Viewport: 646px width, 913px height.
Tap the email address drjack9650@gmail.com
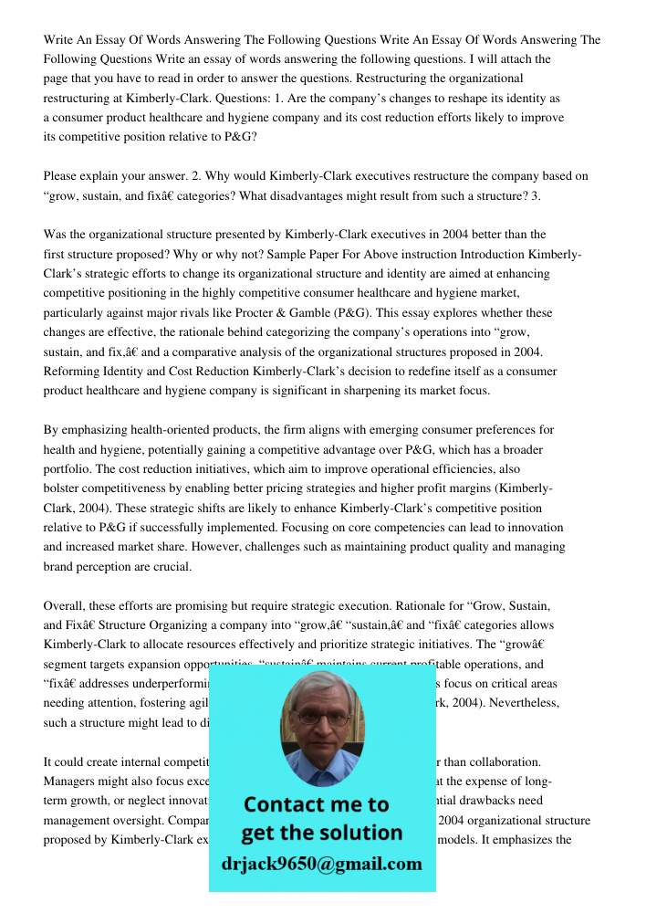[322, 864]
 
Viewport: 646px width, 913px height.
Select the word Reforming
[72, 372]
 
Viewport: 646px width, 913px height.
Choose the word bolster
[63, 488]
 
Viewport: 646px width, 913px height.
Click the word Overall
[65, 606]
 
